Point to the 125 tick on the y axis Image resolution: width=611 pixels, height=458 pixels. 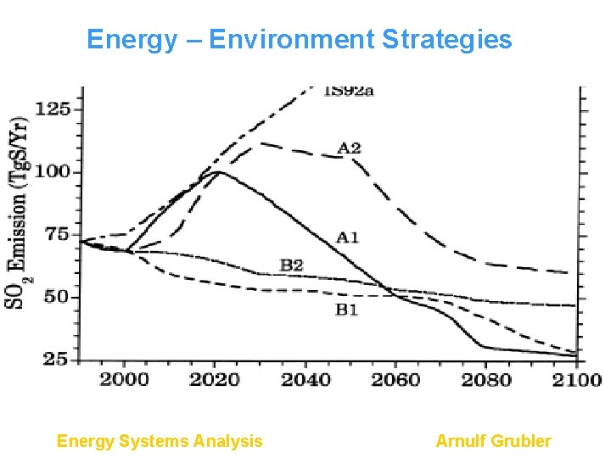(x=53, y=109)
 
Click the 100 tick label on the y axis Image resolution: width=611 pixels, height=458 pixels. (x=53, y=172)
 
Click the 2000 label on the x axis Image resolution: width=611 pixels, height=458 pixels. (x=125, y=379)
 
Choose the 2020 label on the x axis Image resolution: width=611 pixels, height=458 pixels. (x=215, y=379)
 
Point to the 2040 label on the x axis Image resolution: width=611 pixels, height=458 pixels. (x=305, y=379)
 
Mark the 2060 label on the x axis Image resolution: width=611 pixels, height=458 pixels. (x=395, y=379)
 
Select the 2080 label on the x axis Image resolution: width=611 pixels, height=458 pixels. (x=486, y=379)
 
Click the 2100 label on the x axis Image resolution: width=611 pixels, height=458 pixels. (x=575, y=379)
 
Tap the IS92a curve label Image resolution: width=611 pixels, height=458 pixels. (x=348, y=92)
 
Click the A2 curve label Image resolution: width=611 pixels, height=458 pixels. (x=349, y=148)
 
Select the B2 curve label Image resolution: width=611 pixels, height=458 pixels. (x=292, y=265)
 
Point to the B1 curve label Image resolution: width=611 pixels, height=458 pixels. (x=346, y=310)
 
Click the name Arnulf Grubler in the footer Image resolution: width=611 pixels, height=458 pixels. (x=493, y=441)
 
